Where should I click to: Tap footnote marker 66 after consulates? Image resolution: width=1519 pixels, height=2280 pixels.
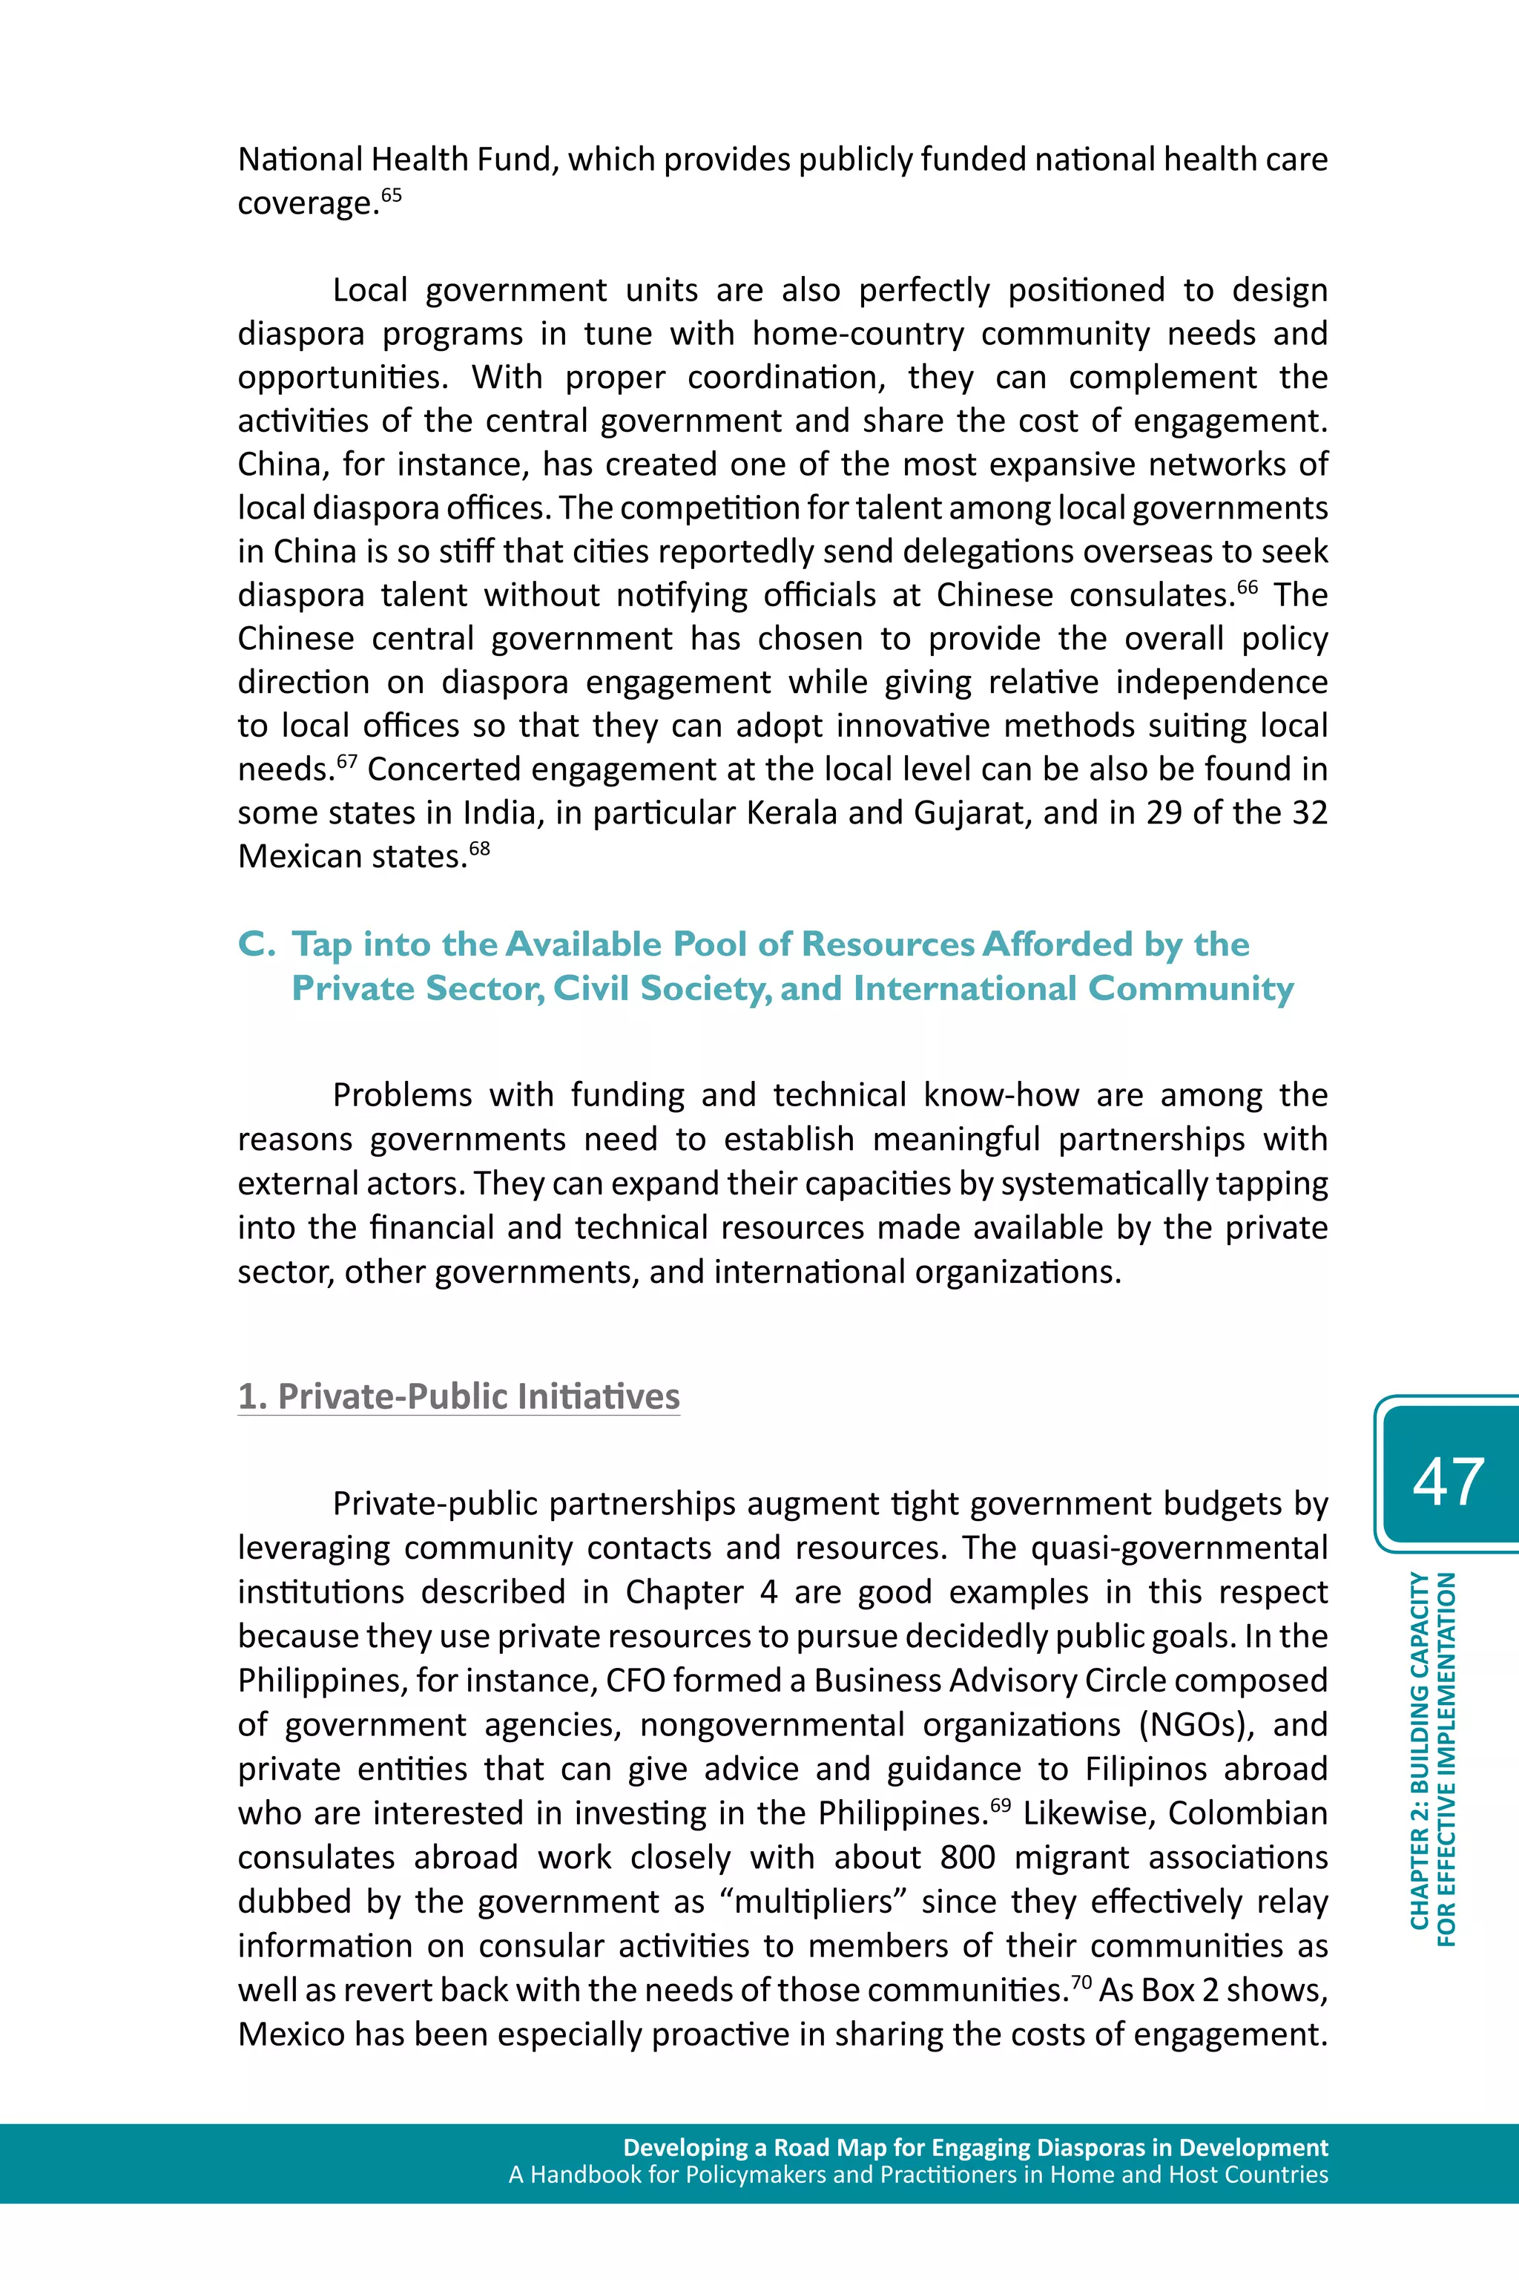(1247, 587)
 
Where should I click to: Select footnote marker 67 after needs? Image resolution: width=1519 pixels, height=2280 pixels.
(347, 762)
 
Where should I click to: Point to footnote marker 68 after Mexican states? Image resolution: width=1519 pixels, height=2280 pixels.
(480, 849)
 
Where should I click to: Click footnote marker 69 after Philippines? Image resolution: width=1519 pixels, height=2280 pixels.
(1001, 1805)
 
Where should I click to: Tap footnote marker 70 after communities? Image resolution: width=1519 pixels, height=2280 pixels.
(1082, 1982)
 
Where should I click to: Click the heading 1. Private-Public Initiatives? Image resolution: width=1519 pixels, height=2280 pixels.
(459, 1396)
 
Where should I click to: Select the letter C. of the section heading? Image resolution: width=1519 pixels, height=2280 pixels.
(257, 944)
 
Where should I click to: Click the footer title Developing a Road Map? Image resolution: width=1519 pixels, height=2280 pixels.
(975, 2147)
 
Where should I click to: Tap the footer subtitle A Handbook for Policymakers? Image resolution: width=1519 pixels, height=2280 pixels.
(917, 2175)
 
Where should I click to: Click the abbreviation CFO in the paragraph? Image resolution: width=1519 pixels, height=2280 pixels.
(635, 1681)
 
